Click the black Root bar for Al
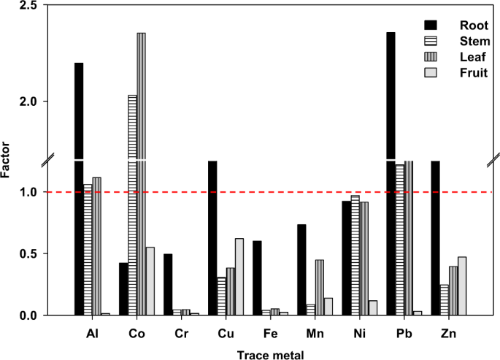(79, 190)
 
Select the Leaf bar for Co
(141, 175)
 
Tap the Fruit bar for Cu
(239, 277)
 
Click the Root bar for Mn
(301, 270)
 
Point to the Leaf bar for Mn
(319, 288)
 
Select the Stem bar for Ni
(355, 256)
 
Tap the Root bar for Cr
(168, 285)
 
